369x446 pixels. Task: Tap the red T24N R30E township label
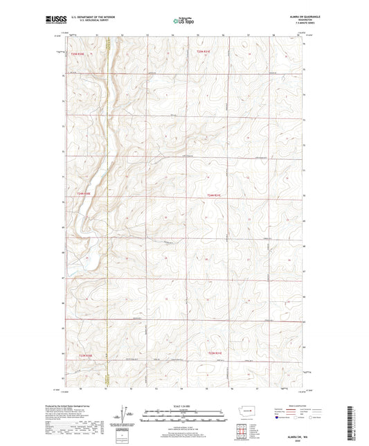pyautogui.click(x=84, y=193)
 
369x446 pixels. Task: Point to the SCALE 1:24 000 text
pyautogui.click(x=184, y=405)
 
